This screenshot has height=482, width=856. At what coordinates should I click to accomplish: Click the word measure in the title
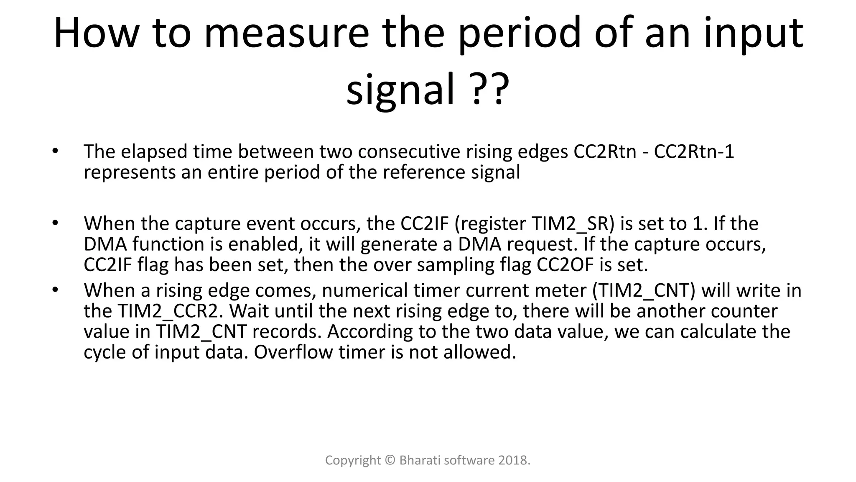tap(286, 33)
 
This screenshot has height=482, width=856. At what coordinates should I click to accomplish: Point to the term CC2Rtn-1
tap(694, 151)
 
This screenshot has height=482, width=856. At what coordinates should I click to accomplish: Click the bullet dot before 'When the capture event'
tap(54, 223)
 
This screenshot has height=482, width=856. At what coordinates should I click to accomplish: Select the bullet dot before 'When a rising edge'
tap(54, 290)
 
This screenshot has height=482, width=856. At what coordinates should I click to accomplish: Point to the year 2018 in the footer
tap(514, 460)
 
